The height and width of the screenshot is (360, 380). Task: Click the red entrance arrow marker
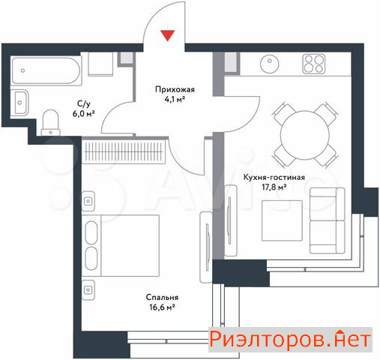(167, 35)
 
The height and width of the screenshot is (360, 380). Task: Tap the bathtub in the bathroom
(46, 70)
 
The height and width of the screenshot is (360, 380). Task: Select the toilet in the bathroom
(51, 122)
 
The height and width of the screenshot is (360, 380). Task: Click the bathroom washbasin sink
(20, 103)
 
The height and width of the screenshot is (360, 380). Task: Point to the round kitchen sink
(270, 64)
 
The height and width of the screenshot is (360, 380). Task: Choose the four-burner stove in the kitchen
(314, 64)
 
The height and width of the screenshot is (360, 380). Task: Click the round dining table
(305, 135)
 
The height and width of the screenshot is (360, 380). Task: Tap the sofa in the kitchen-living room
(328, 220)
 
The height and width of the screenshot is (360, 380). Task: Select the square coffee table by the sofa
(282, 220)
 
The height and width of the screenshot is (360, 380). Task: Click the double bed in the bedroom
(121, 245)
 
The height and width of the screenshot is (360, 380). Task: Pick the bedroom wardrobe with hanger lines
(124, 151)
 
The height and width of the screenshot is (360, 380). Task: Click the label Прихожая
(175, 89)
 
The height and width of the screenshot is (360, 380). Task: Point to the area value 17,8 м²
(274, 187)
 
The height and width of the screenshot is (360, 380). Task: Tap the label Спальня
(162, 297)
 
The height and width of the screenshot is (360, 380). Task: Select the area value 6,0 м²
(84, 114)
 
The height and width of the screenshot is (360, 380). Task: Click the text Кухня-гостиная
(274, 177)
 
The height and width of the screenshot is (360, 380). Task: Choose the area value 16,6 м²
(162, 307)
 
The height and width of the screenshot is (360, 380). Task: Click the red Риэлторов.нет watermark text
(290, 340)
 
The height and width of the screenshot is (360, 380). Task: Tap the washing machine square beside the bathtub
(100, 64)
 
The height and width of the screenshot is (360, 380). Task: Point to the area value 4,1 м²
(175, 100)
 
